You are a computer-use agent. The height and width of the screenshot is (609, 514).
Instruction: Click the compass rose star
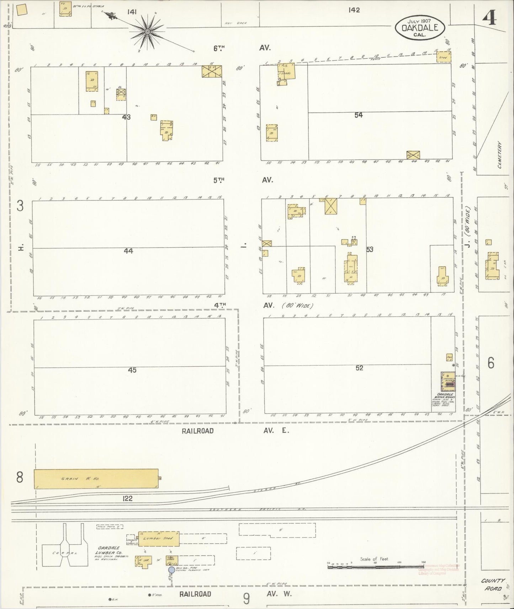tap(147, 32)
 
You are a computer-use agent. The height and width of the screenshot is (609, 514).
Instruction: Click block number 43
tap(126, 117)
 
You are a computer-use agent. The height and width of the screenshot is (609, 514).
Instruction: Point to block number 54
tap(358, 115)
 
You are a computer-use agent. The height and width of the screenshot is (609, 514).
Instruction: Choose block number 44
tap(128, 251)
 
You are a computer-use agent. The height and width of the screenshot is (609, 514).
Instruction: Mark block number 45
tap(132, 370)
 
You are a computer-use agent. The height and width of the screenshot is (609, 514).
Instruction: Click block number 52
tap(359, 368)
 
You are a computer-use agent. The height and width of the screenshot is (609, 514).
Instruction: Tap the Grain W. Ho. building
tap(96, 479)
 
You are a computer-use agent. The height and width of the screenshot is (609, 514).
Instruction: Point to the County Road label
tap(493, 584)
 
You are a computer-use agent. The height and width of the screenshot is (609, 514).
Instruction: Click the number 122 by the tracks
tap(127, 498)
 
